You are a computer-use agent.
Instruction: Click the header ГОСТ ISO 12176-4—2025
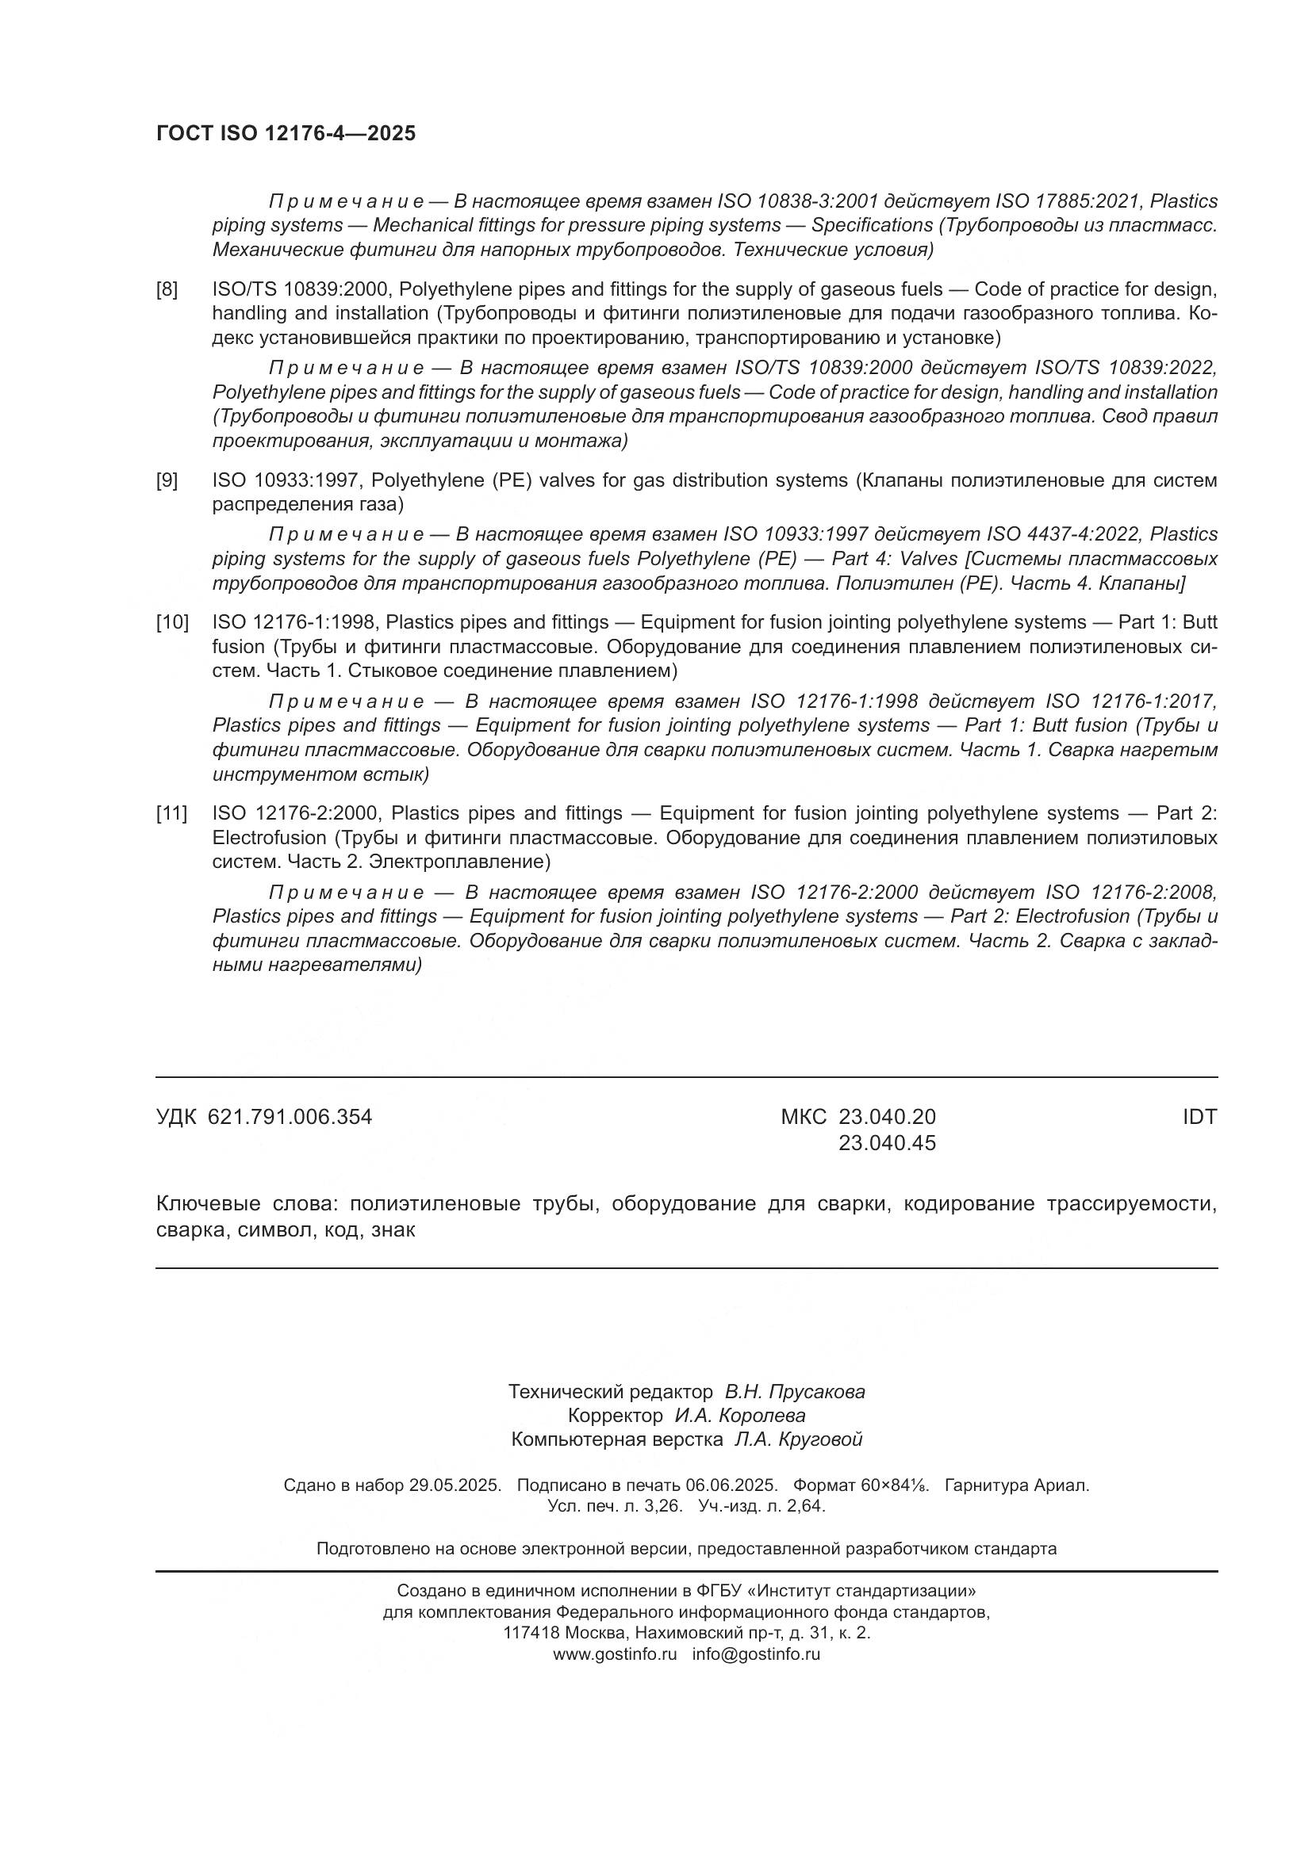286,134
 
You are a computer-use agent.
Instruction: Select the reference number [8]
167,289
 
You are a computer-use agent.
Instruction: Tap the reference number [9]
167,480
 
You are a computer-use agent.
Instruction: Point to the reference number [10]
172,621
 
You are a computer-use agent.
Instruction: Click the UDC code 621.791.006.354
290,1117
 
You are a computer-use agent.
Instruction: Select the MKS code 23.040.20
887,1117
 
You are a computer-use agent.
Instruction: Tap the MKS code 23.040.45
887,1143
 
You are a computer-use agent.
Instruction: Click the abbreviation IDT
1199,1117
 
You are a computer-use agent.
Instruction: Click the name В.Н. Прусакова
794,1391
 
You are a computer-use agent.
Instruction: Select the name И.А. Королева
740,1416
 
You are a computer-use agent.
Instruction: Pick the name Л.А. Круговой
798,1439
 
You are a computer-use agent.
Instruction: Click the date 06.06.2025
731,1485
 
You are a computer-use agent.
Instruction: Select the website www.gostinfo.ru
615,1653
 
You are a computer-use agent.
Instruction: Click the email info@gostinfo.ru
756,1653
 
